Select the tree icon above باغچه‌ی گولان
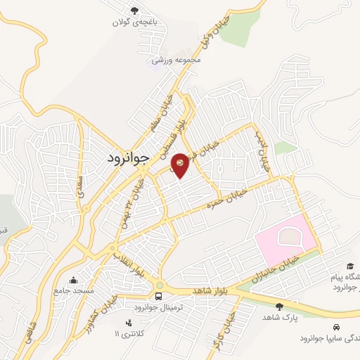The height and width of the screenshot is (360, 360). click(x=135, y=11)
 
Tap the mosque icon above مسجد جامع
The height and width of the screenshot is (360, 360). click(x=74, y=279)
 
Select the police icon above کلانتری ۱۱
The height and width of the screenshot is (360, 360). click(x=128, y=322)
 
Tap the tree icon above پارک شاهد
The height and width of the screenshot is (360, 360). click(x=281, y=306)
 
